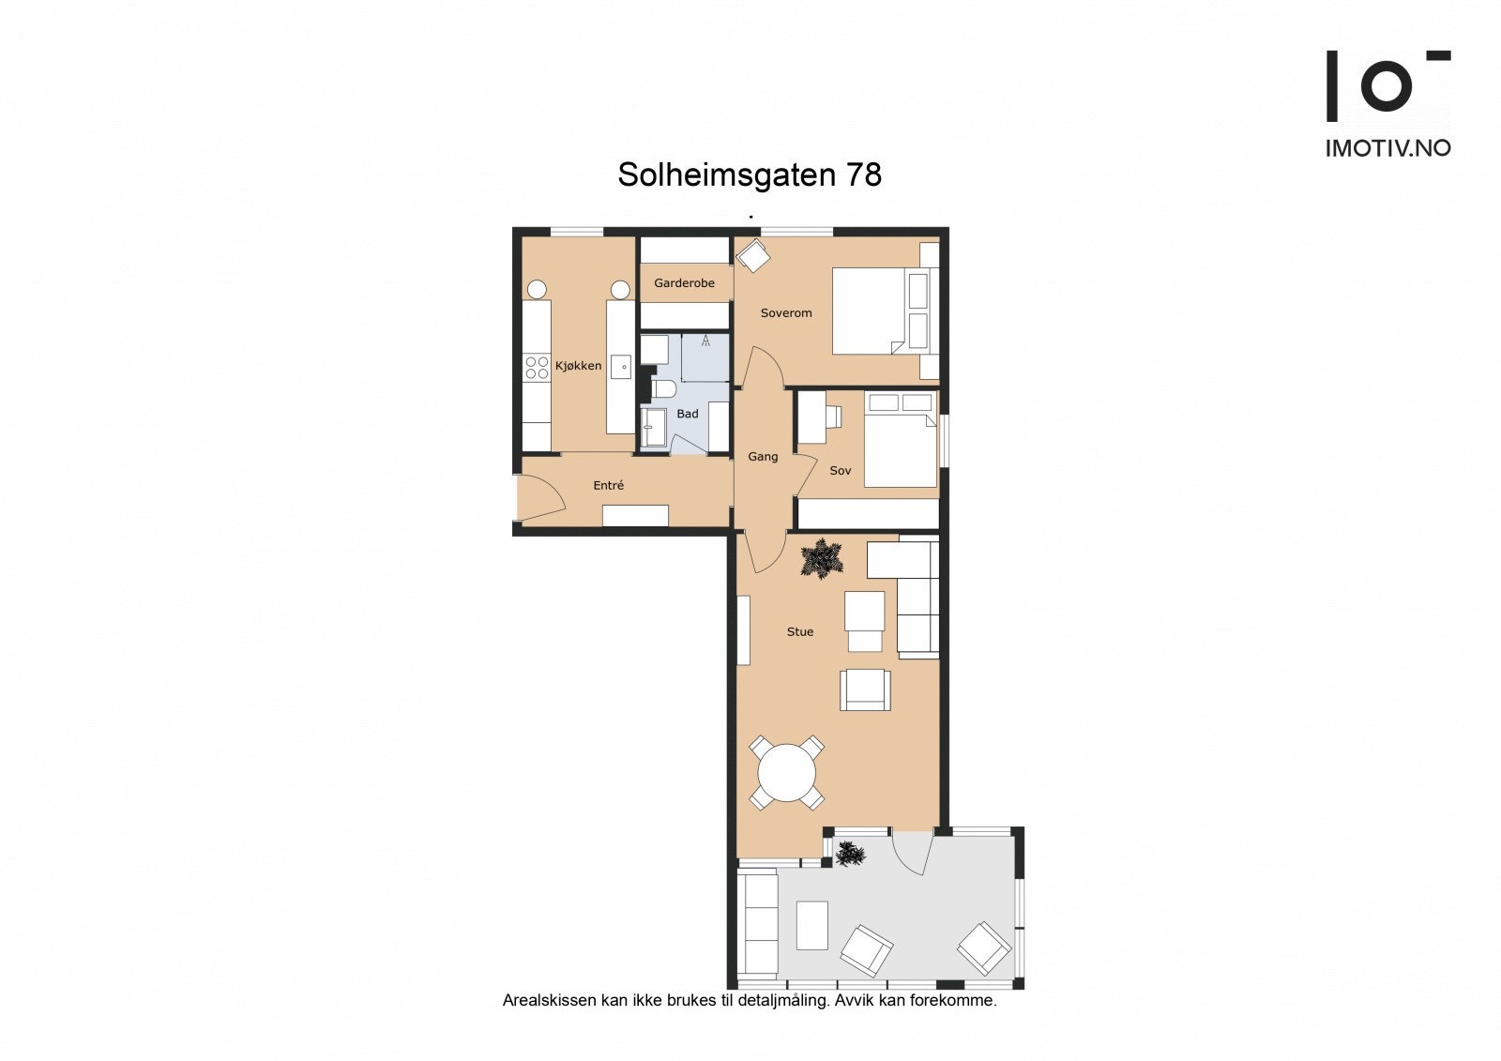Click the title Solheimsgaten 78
click(749, 175)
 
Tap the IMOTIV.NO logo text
click(1387, 148)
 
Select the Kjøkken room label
click(578, 366)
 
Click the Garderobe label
click(684, 283)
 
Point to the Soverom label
click(786, 313)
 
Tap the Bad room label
click(688, 414)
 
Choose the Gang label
click(763, 457)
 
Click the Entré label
click(609, 485)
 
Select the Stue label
click(800, 632)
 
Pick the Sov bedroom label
click(841, 471)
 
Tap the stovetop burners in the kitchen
click(537, 367)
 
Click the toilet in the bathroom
click(662, 389)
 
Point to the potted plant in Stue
click(822, 559)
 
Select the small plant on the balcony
click(850, 855)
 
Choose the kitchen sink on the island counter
click(620, 366)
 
